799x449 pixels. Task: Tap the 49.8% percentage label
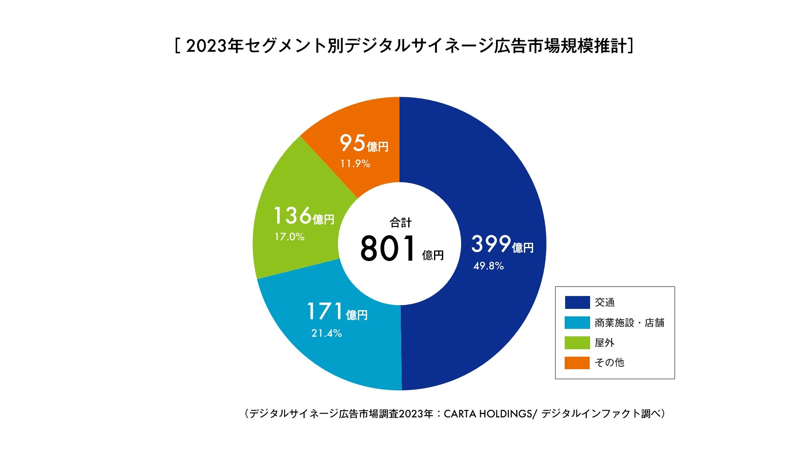tap(488, 266)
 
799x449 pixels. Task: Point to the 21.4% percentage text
tap(327, 333)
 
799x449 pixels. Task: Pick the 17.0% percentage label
tap(289, 237)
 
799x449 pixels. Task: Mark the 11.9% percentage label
tap(355, 164)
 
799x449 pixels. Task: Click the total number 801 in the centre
tap(388, 249)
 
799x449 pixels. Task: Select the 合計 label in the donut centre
tap(400, 223)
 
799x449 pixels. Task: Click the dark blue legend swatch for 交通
tap(577, 302)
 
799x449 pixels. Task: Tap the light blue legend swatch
tap(577, 323)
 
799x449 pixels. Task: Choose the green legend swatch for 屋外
tap(577, 343)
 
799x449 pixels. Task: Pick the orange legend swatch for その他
tap(577, 363)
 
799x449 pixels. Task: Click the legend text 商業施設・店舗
tap(629, 323)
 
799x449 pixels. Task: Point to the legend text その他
tap(609, 363)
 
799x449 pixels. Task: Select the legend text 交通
tap(605, 302)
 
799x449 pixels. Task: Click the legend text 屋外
tap(605, 343)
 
